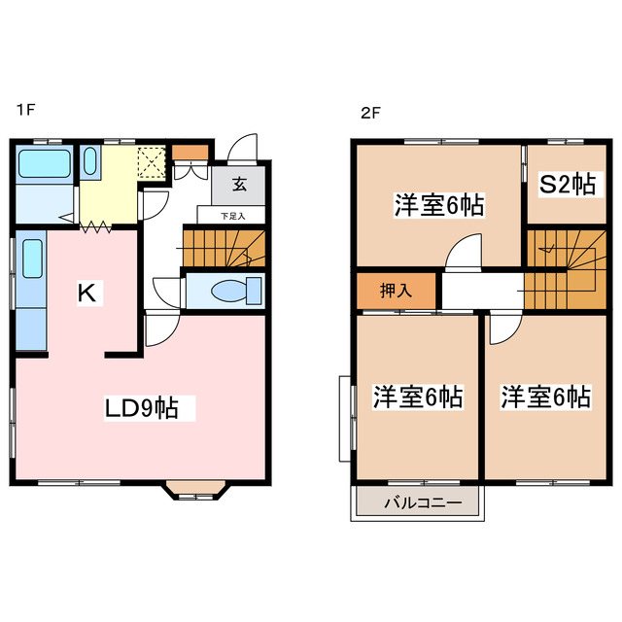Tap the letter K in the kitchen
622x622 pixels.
tap(86, 294)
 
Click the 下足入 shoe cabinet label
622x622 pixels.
tap(232, 216)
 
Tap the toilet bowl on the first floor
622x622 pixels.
tap(232, 291)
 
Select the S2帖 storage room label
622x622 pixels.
tap(568, 185)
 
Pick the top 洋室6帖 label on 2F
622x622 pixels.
tap(439, 206)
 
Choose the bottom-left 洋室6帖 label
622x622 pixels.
tap(418, 397)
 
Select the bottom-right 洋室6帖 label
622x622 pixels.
tap(545, 397)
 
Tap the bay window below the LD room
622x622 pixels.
tap(195, 490)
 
